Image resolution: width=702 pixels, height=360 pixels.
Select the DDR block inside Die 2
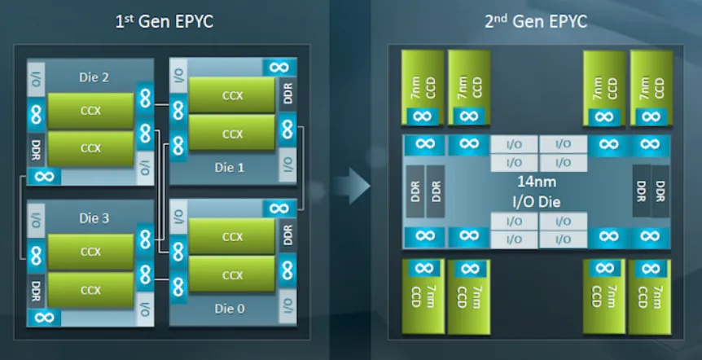click(x=36, y=150)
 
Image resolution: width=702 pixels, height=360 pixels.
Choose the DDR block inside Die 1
click(x=286, y=95)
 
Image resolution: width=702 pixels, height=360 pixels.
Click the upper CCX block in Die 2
click(x=90, y=110)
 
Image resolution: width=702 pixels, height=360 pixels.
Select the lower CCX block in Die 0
click(x=232, y=276)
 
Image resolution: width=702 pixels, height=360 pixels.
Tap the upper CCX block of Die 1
click(x=232, y=95)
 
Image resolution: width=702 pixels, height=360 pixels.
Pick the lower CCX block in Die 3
click(x=90, y=290)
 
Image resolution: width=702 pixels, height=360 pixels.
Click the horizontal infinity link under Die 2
click(x=43, y=177)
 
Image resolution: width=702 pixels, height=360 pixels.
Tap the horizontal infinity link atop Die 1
click(x=279, y=68)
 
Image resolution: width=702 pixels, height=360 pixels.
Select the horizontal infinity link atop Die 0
click(x=279, y=209)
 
